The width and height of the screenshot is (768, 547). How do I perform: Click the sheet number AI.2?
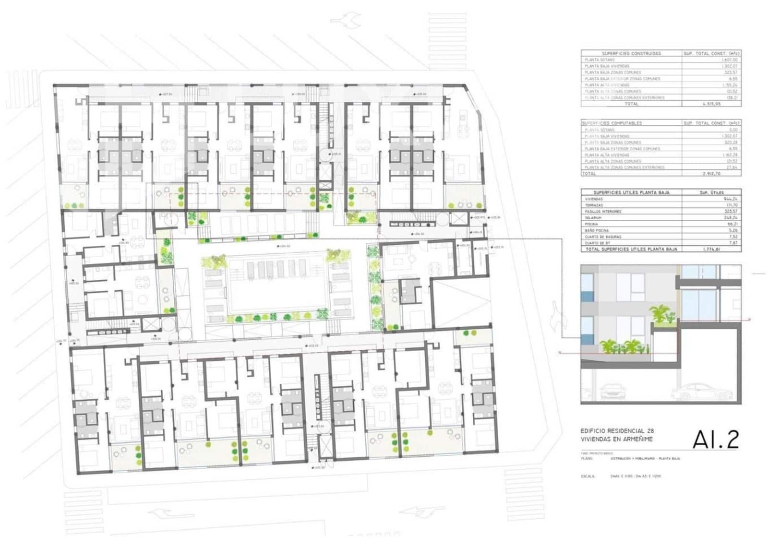pyautogui.click(x=715, y=440)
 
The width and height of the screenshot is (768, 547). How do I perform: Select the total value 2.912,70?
pyautogui.click(x=711, y=174)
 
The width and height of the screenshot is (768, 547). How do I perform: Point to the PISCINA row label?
pyautogui.click(x=591, y=224)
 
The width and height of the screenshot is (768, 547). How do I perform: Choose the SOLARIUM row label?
pyautogui.click(x=593, y=218)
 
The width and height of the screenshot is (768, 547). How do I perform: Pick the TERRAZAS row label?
pyautogui.click(x=594, y=205)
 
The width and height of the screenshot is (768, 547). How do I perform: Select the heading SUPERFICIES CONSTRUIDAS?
pyautogui.click(x=631, y=53)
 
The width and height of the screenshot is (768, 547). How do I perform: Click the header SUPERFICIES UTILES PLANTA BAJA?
pyautogui.click(x=631, y=192)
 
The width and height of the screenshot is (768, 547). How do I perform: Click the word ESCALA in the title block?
pyautogui.click(x=588, y=476)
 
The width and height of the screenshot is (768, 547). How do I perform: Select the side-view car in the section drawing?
pyautogui.click(x=703, y=392)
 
